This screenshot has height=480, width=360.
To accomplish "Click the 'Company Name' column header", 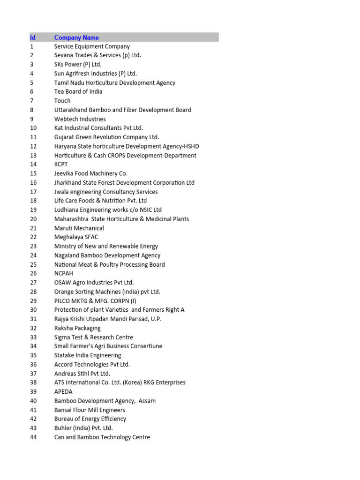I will click(76, 37).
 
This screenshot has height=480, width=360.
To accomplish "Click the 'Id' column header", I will click(32, 37).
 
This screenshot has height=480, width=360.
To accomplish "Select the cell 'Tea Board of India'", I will click(78, 91).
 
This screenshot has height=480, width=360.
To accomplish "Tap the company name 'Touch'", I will click(62, 101).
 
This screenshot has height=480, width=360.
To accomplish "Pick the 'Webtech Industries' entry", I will click(80, 119).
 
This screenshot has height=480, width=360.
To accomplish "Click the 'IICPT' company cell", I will click(62, 165).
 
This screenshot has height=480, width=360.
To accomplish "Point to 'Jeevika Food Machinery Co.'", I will click(91, 173).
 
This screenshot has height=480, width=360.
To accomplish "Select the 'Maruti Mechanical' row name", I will click(79, 228).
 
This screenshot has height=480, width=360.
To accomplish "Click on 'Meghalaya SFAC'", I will click(76, 237).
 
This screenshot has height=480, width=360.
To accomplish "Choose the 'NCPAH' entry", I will click(64, 273).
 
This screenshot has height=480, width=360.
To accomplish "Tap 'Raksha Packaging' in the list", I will click(77, 328).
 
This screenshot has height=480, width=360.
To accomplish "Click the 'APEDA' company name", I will click(64, 392).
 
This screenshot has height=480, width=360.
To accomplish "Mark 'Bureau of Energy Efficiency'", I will click(90, 419).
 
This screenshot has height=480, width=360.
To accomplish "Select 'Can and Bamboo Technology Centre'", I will click(102, 437).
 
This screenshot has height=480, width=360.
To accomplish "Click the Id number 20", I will click(33, 219).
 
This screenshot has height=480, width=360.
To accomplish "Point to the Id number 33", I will click(33, 337).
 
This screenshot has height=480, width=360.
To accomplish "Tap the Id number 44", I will click(33, 437).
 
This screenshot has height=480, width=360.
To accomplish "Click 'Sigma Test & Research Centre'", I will click(94, 337).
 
